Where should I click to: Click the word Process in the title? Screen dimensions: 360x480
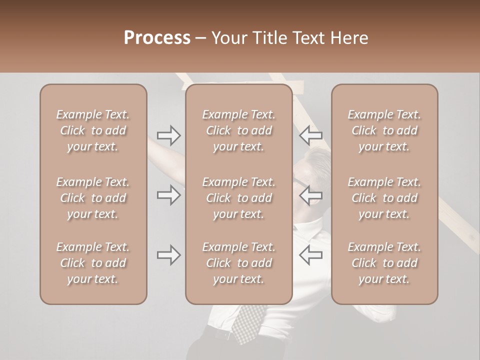click(x=157, y=38)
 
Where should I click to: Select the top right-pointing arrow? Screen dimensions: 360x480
click(x=169, y=135)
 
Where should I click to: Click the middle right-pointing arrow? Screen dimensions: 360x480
click(x=169, y=194)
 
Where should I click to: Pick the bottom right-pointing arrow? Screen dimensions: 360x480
click(x=169, y=255)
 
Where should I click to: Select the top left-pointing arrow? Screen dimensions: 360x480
click(x=310, y=135)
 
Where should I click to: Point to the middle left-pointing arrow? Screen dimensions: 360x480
click(x=310, y=194)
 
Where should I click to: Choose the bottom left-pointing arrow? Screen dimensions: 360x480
click(x=310, y=255)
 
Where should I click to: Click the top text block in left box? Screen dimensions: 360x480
click(x=93, y=130)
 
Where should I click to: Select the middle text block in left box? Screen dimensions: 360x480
click(x=93, y=198)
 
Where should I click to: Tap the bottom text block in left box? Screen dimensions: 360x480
click(x=93, y=263)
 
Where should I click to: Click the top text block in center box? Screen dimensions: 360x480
click(x=239, y=130)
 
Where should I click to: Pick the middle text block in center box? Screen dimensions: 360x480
click(x=239, y=198)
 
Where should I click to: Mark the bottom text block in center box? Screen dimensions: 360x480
click(x=239, y=263)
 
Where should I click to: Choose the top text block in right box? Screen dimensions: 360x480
click(x=384, y=130)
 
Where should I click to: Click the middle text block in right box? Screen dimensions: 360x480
click(x=384, y=198)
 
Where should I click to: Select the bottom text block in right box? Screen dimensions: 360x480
click(x=384, y=263)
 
